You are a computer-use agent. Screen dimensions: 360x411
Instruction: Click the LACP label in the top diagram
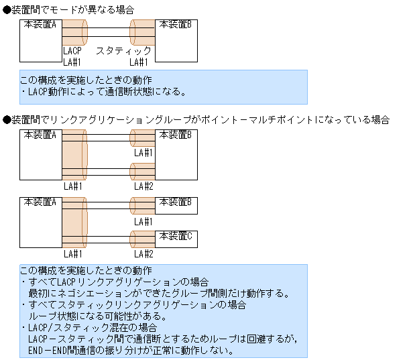[x=72, y=51]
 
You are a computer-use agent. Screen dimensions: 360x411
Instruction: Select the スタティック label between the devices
[x=123, y=51]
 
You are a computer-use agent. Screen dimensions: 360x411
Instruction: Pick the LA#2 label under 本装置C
[x=143, y=253]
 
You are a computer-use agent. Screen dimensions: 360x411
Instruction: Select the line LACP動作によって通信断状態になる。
[x=107, y=92]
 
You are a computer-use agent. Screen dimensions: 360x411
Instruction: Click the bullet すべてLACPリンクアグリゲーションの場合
[x=119, y=282]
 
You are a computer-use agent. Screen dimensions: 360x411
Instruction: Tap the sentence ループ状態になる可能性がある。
[x=97, y=316]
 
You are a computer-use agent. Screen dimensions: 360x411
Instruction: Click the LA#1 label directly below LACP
[x=72, y=62]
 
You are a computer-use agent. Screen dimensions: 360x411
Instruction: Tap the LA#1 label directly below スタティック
[x=139, y=62]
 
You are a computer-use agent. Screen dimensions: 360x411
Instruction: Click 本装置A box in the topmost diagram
[x=40, y=40]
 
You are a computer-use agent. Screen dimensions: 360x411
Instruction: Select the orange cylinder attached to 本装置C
[x=142, y=238]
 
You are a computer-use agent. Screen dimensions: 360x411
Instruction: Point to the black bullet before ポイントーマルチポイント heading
[x=7, y=119]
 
